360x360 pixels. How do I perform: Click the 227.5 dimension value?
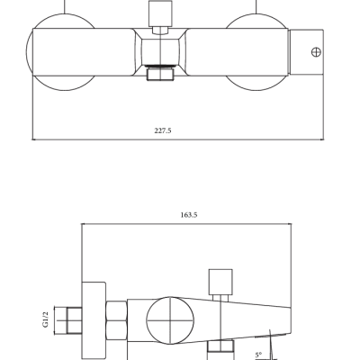pyautogui.click(x=163, y=130)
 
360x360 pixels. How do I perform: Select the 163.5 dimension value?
pyautogui.click(x=189, y=215)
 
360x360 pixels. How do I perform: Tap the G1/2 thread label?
pyautogui.click(x=46, y=319)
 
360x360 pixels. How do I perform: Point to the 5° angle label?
pyautogui.click(x=258, y=355)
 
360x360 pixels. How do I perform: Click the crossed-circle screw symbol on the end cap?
pyautogui.click(x=316, y=52)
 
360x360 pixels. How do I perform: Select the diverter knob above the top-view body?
pyautogui.click(x=160, y=13)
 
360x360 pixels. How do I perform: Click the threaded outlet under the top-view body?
pyautogui.click(x=160, y=73)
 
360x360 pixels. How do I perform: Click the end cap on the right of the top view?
pyautogui.click(x=306, y=52)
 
